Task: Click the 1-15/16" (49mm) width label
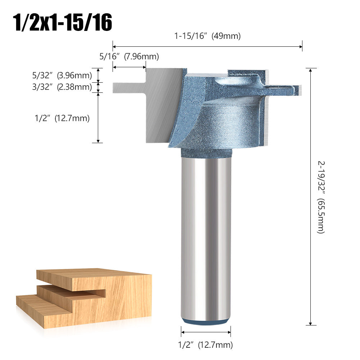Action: click(208, 36)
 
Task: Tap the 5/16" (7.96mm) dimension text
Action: click(129, 56)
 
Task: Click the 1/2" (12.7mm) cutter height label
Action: click(62, 118)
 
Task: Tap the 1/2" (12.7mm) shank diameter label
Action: click(205, 345)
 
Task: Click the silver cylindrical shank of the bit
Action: click(206, 237)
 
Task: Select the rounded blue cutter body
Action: click(223, 122)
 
